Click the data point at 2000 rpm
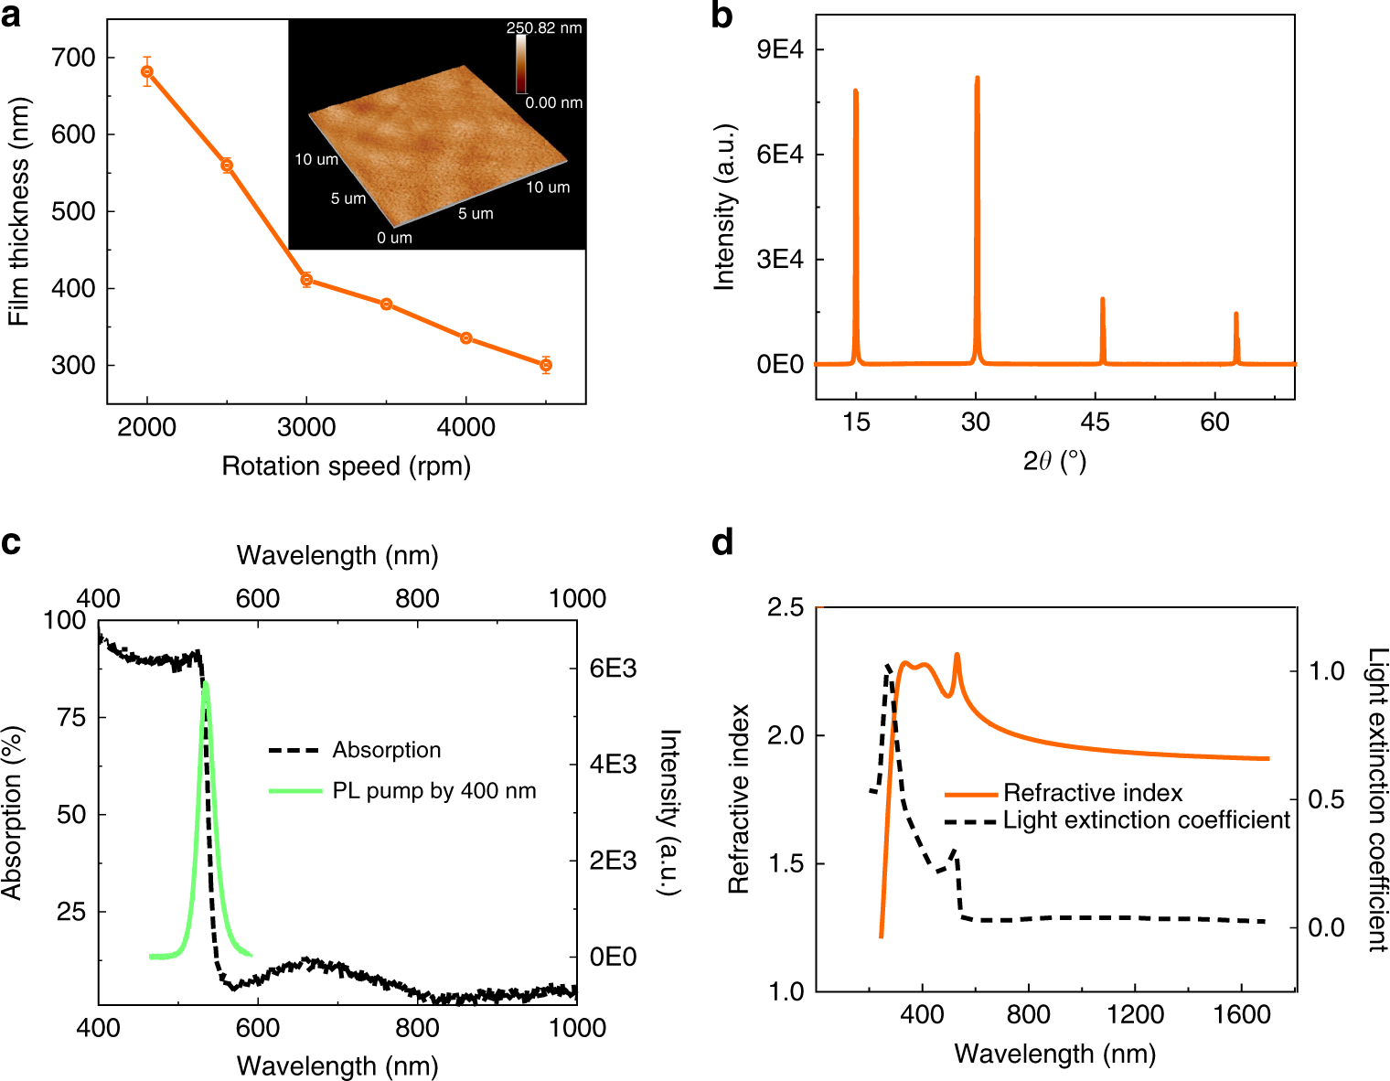click(147, 71)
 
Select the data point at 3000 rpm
click(306, 280)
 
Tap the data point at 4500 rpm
click(546, 365)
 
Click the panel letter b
click(722, 16)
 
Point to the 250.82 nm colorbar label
click(544, 28)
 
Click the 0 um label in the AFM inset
click(394, 238)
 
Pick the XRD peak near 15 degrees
click(855, 91)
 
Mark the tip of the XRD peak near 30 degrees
click(977, 79)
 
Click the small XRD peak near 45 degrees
click(1102, 300)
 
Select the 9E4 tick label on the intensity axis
click(779, 49)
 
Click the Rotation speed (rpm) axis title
click(346, 466)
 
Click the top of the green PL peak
click(205, 683)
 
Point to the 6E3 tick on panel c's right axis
click(613, 669)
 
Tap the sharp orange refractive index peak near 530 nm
click(957, 655)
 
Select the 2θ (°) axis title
click(1053, 462)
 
